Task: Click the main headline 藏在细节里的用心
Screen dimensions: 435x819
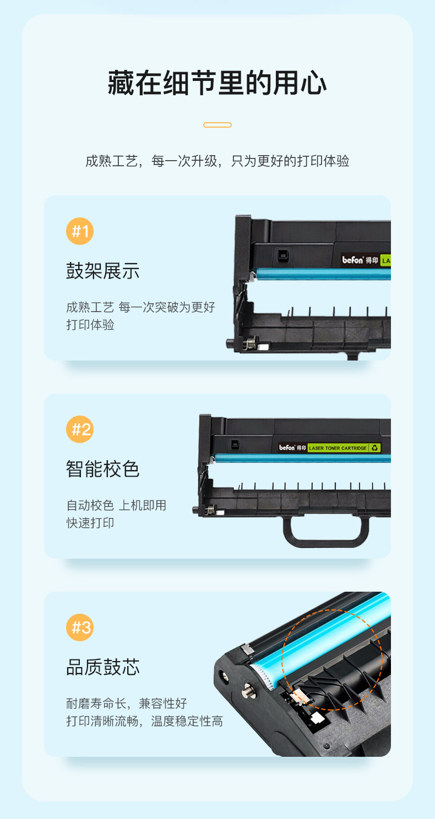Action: (x=218, y=83)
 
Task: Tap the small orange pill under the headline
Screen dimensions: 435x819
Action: (x=218, y=125)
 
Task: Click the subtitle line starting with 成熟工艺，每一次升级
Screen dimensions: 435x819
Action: (x=218, y=161)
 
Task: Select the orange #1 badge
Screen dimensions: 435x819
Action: (x=80, y=231)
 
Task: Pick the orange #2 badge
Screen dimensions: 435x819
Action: (x=80, y=429)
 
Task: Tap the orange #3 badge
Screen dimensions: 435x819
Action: (x=80, y=627)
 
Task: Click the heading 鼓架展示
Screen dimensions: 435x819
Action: (x=103, y=271)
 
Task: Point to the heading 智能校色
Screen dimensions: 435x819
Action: (x=103, y=469)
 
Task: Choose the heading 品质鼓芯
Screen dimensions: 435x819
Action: (x=103, y=667)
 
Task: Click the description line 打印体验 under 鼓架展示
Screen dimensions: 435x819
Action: (x=90, y=325)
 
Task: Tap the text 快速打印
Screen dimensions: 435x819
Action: (x=90, y=523)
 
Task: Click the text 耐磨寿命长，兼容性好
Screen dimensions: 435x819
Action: (x=126, y=703)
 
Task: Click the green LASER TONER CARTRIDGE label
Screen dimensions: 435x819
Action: (x=338, y=448)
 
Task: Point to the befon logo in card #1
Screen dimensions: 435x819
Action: (x=353, y=260)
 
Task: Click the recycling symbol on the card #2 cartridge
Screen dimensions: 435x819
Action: (x=374, y=448)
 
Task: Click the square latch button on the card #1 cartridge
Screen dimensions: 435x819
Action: (x=282, y=254)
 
